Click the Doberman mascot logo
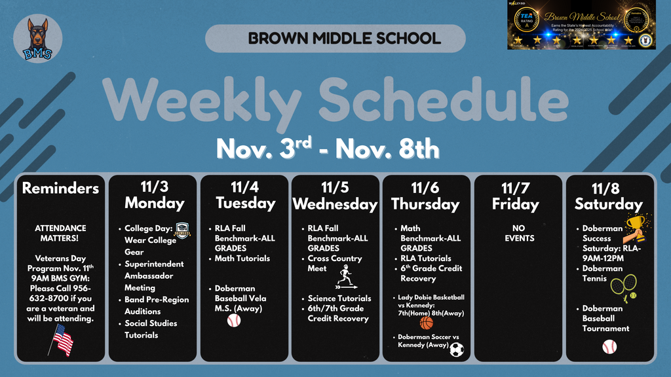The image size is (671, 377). [37, 39]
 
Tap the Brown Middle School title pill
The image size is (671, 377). [335, 38]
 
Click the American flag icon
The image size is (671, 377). [62, 341]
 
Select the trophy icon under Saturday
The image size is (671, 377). [634, 226]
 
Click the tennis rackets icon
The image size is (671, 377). [623, 286]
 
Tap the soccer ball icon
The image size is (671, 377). [457, 350]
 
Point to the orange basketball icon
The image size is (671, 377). [427, 323]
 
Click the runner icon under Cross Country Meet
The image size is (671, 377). [345, 276]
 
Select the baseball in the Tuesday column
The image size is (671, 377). [234, 320]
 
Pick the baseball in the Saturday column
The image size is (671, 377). [609, 346]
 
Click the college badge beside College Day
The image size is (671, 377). [183, 230]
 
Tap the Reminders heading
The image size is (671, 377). [60, 188]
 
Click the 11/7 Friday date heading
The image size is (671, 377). [515, 196]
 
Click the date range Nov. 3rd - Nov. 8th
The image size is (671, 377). [328, 148]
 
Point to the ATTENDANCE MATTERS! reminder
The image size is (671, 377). [60, 234]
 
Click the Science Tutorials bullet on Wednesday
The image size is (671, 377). [339, 298]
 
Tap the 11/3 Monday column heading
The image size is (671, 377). [155, 194]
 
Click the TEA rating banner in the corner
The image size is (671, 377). [581, 25]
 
